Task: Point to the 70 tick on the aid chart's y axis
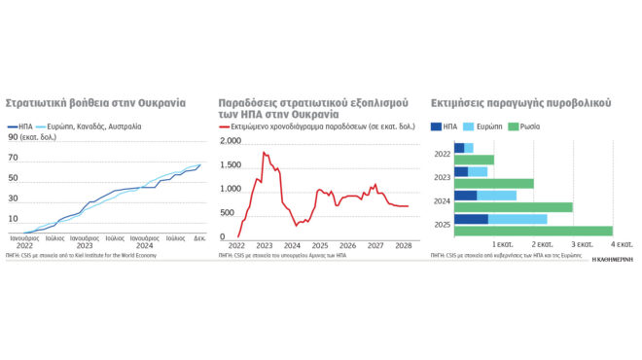13,158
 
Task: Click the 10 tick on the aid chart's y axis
13,219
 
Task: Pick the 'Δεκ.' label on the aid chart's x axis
198,237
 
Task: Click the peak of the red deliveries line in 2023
264,153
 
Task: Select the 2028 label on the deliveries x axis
402,245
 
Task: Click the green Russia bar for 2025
533,231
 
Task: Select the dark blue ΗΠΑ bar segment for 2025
471,219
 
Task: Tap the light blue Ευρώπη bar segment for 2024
496,196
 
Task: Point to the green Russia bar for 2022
474,160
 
